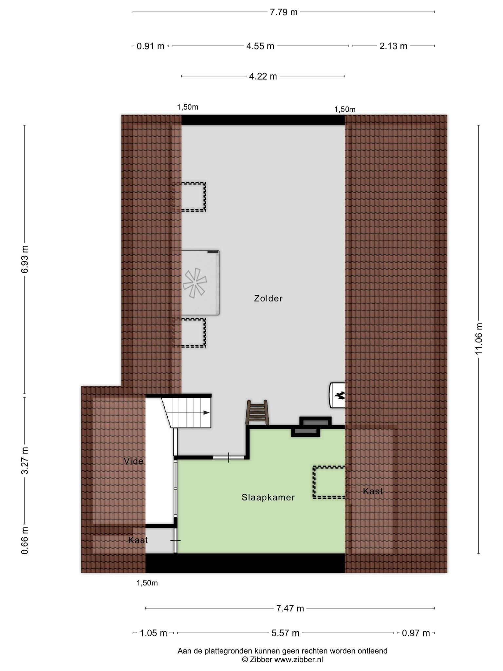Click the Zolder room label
[268, 298]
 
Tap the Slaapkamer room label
[268, 497]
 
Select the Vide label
[134, 461]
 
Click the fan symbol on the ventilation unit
[195, 283]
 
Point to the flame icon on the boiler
[339, 395]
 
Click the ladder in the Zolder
[257, 412]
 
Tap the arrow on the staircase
[206, 412]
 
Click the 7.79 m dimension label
[284, 12]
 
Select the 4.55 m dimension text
[260, 46]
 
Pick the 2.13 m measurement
[393, 46]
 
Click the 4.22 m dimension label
[263, 76]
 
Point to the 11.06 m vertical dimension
[479, 339]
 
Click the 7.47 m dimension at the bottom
[290, 608]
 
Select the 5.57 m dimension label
[285, 633]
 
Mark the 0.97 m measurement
[416, 633]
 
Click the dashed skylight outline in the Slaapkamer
[314, 482]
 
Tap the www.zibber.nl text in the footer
[298, 660]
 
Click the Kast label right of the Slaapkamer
[373, 491]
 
